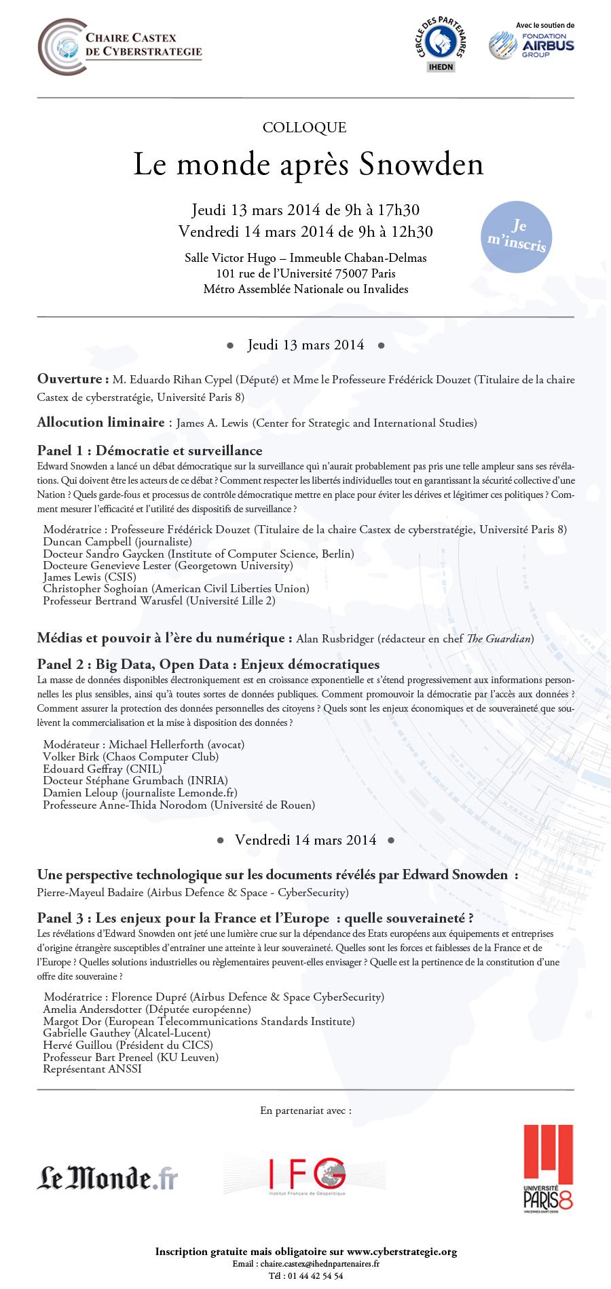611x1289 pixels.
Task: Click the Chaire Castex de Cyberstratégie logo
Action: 119,47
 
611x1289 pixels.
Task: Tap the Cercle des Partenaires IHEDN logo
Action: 440,45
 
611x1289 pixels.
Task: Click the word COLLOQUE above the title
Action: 304,128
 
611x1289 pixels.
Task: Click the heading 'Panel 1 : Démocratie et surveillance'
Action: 149,451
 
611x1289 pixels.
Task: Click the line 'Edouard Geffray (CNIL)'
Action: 103,769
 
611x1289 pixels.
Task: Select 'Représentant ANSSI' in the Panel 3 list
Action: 92,1069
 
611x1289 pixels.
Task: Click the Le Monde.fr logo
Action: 107,1177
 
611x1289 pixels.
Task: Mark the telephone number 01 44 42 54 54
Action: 315,1275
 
